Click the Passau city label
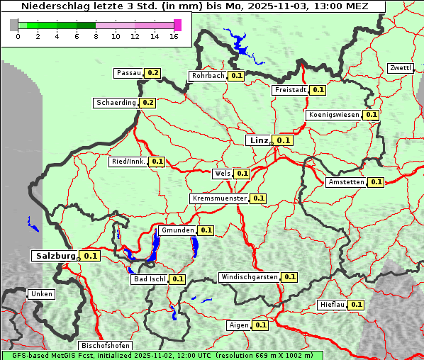click(129, 73)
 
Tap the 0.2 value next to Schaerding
click(147, 103)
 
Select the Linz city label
click(258, 140)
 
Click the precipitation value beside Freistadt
click(318, 90)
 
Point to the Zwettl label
click(400, 68)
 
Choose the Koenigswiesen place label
click(333, 115)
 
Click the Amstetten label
click(346, 182)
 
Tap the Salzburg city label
click(55, 256)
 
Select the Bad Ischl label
click(149, 279)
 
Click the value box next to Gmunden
click(206, 230)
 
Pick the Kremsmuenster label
click(219, 198)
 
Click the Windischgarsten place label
click(249, 277)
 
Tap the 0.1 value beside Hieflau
click(357, 305)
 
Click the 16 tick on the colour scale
click(174, 36)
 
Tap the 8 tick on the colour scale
click(96, 36)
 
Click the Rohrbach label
click(208, 76)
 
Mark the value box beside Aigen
click(260, 325)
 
